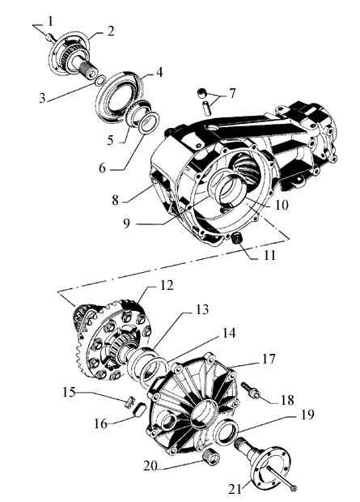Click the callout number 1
tap(50, 22)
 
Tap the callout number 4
tap(159, 72)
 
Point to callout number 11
tap(269, 256)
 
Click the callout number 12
tap(166, 285)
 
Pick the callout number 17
tap(269, 359)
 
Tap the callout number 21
tap(235, 489)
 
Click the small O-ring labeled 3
tap(100, 80)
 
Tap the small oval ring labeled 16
tap(140, 410)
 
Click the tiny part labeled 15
tap(129, 402)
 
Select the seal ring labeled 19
tap(227, 433)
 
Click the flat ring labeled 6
tap(149, 123)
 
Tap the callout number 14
tap(228, 334)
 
